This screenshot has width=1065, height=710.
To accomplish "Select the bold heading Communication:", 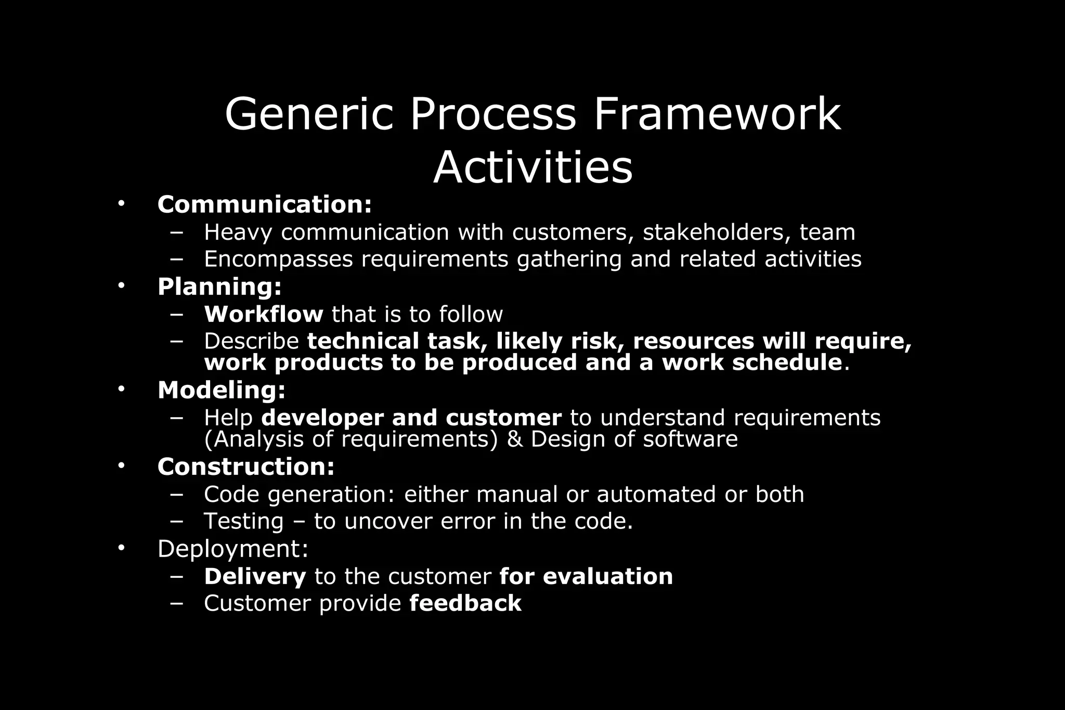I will [x=265, y=204].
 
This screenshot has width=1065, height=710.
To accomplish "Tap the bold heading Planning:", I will [x=219, y=287].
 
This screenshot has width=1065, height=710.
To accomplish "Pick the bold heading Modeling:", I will [x=222, y=390].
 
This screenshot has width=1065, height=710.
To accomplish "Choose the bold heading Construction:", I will [x=246, y=467].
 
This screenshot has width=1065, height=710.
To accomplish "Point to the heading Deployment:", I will [x=233, y=549].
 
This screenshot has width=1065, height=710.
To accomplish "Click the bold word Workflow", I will [x=264, y=314].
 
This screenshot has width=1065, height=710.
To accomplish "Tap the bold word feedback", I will [x=465, y=603].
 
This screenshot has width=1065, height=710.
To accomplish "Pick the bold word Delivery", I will [x=255, y=576].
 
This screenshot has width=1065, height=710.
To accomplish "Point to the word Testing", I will [x=243, y=521].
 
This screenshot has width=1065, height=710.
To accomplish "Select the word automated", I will [x=656, y=494].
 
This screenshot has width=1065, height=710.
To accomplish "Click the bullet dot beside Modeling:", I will [x=121, y=389].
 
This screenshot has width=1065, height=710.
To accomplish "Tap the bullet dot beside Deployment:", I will [x=121, y=548].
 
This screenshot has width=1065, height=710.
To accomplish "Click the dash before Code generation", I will [x=176, y=494].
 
